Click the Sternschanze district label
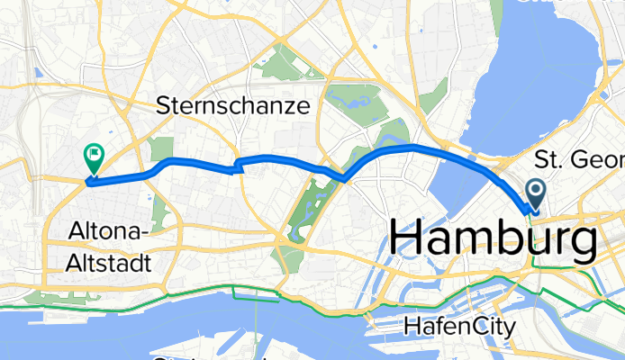(233, 106)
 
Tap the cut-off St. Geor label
(578, 161)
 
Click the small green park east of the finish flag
(161, 149)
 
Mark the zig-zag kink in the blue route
(239, 165)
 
